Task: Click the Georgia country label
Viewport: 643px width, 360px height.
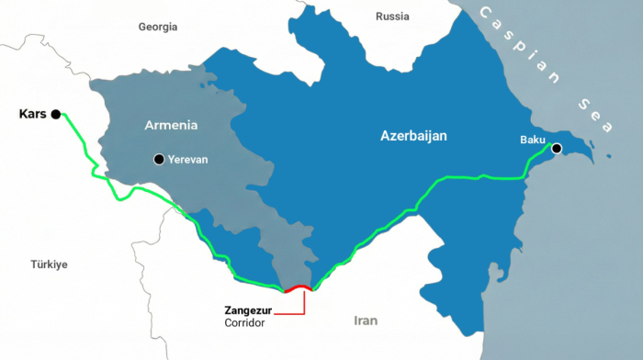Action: coord(157,27)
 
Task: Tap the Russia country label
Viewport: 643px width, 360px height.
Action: coord(392,17)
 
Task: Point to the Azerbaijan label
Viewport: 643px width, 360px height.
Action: coord(413,136)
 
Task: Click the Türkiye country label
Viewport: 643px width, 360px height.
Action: coord(50,264)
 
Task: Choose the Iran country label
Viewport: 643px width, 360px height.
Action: coord(366,321)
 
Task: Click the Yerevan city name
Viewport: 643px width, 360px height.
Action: coord(187,160)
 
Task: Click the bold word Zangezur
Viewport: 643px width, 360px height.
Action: coord(249,310)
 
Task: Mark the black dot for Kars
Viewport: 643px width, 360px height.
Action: coord(56,114)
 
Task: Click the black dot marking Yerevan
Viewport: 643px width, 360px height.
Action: coord(159,160)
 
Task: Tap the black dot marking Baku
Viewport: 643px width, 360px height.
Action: coord(556,148)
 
